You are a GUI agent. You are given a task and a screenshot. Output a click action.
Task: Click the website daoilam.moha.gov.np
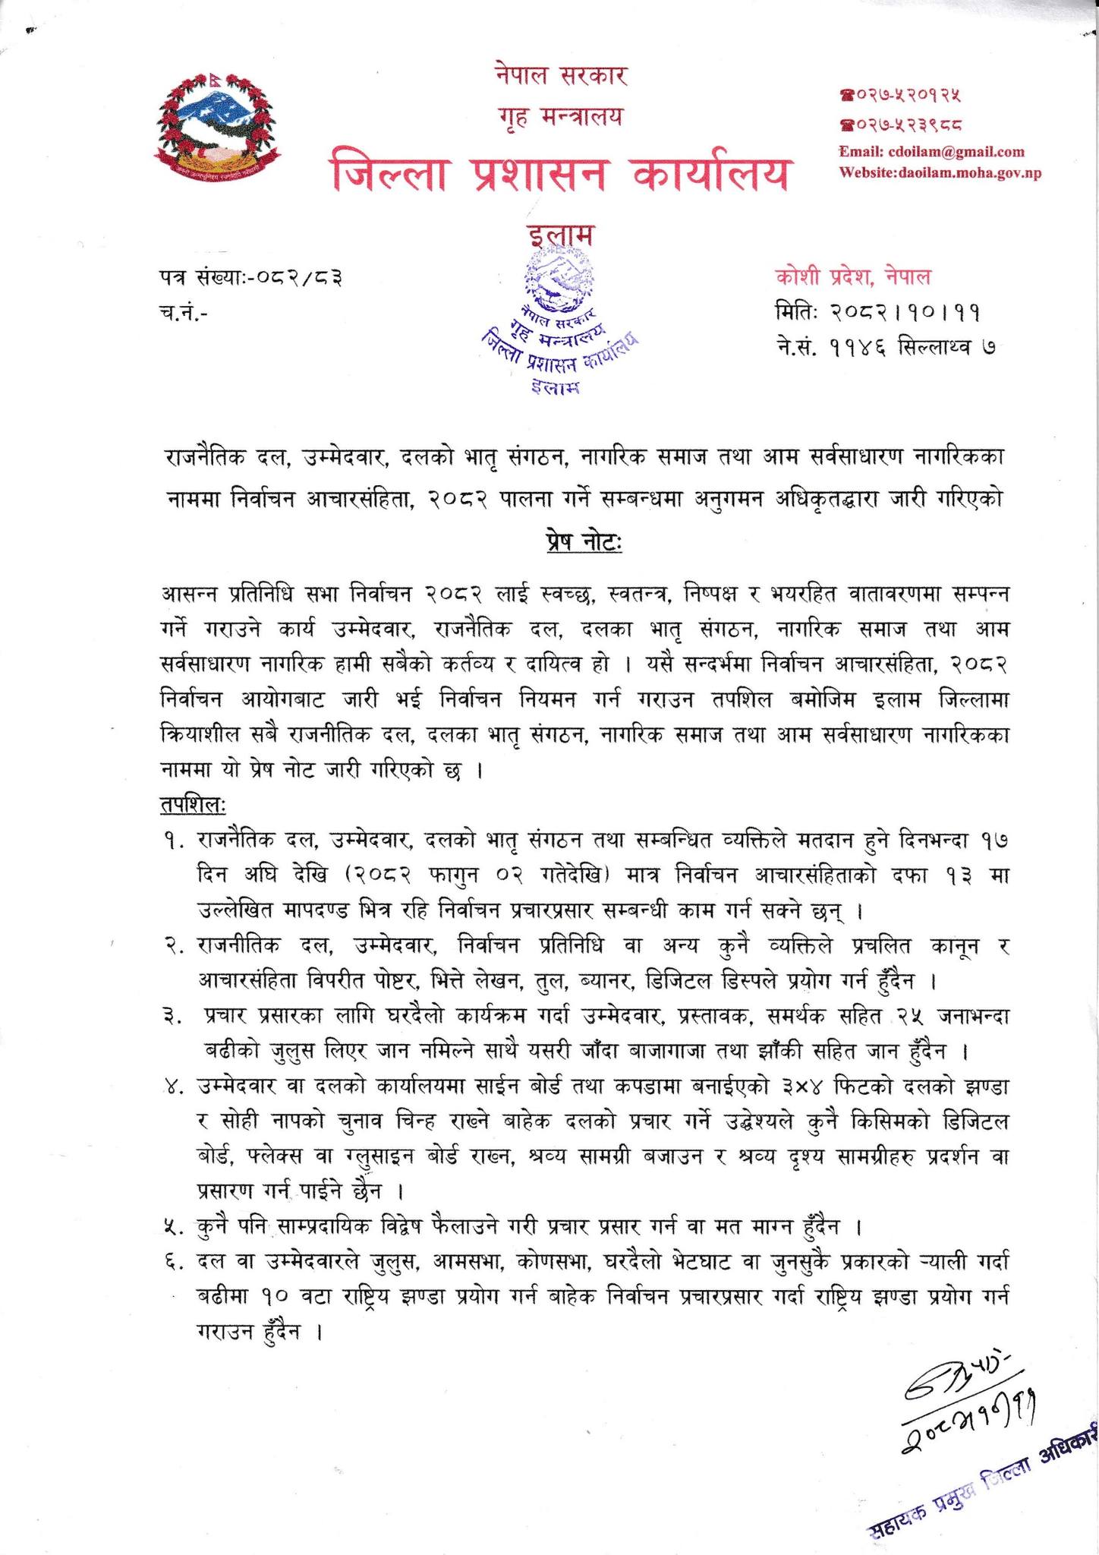pyautogui.click(x=940, y=172)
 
